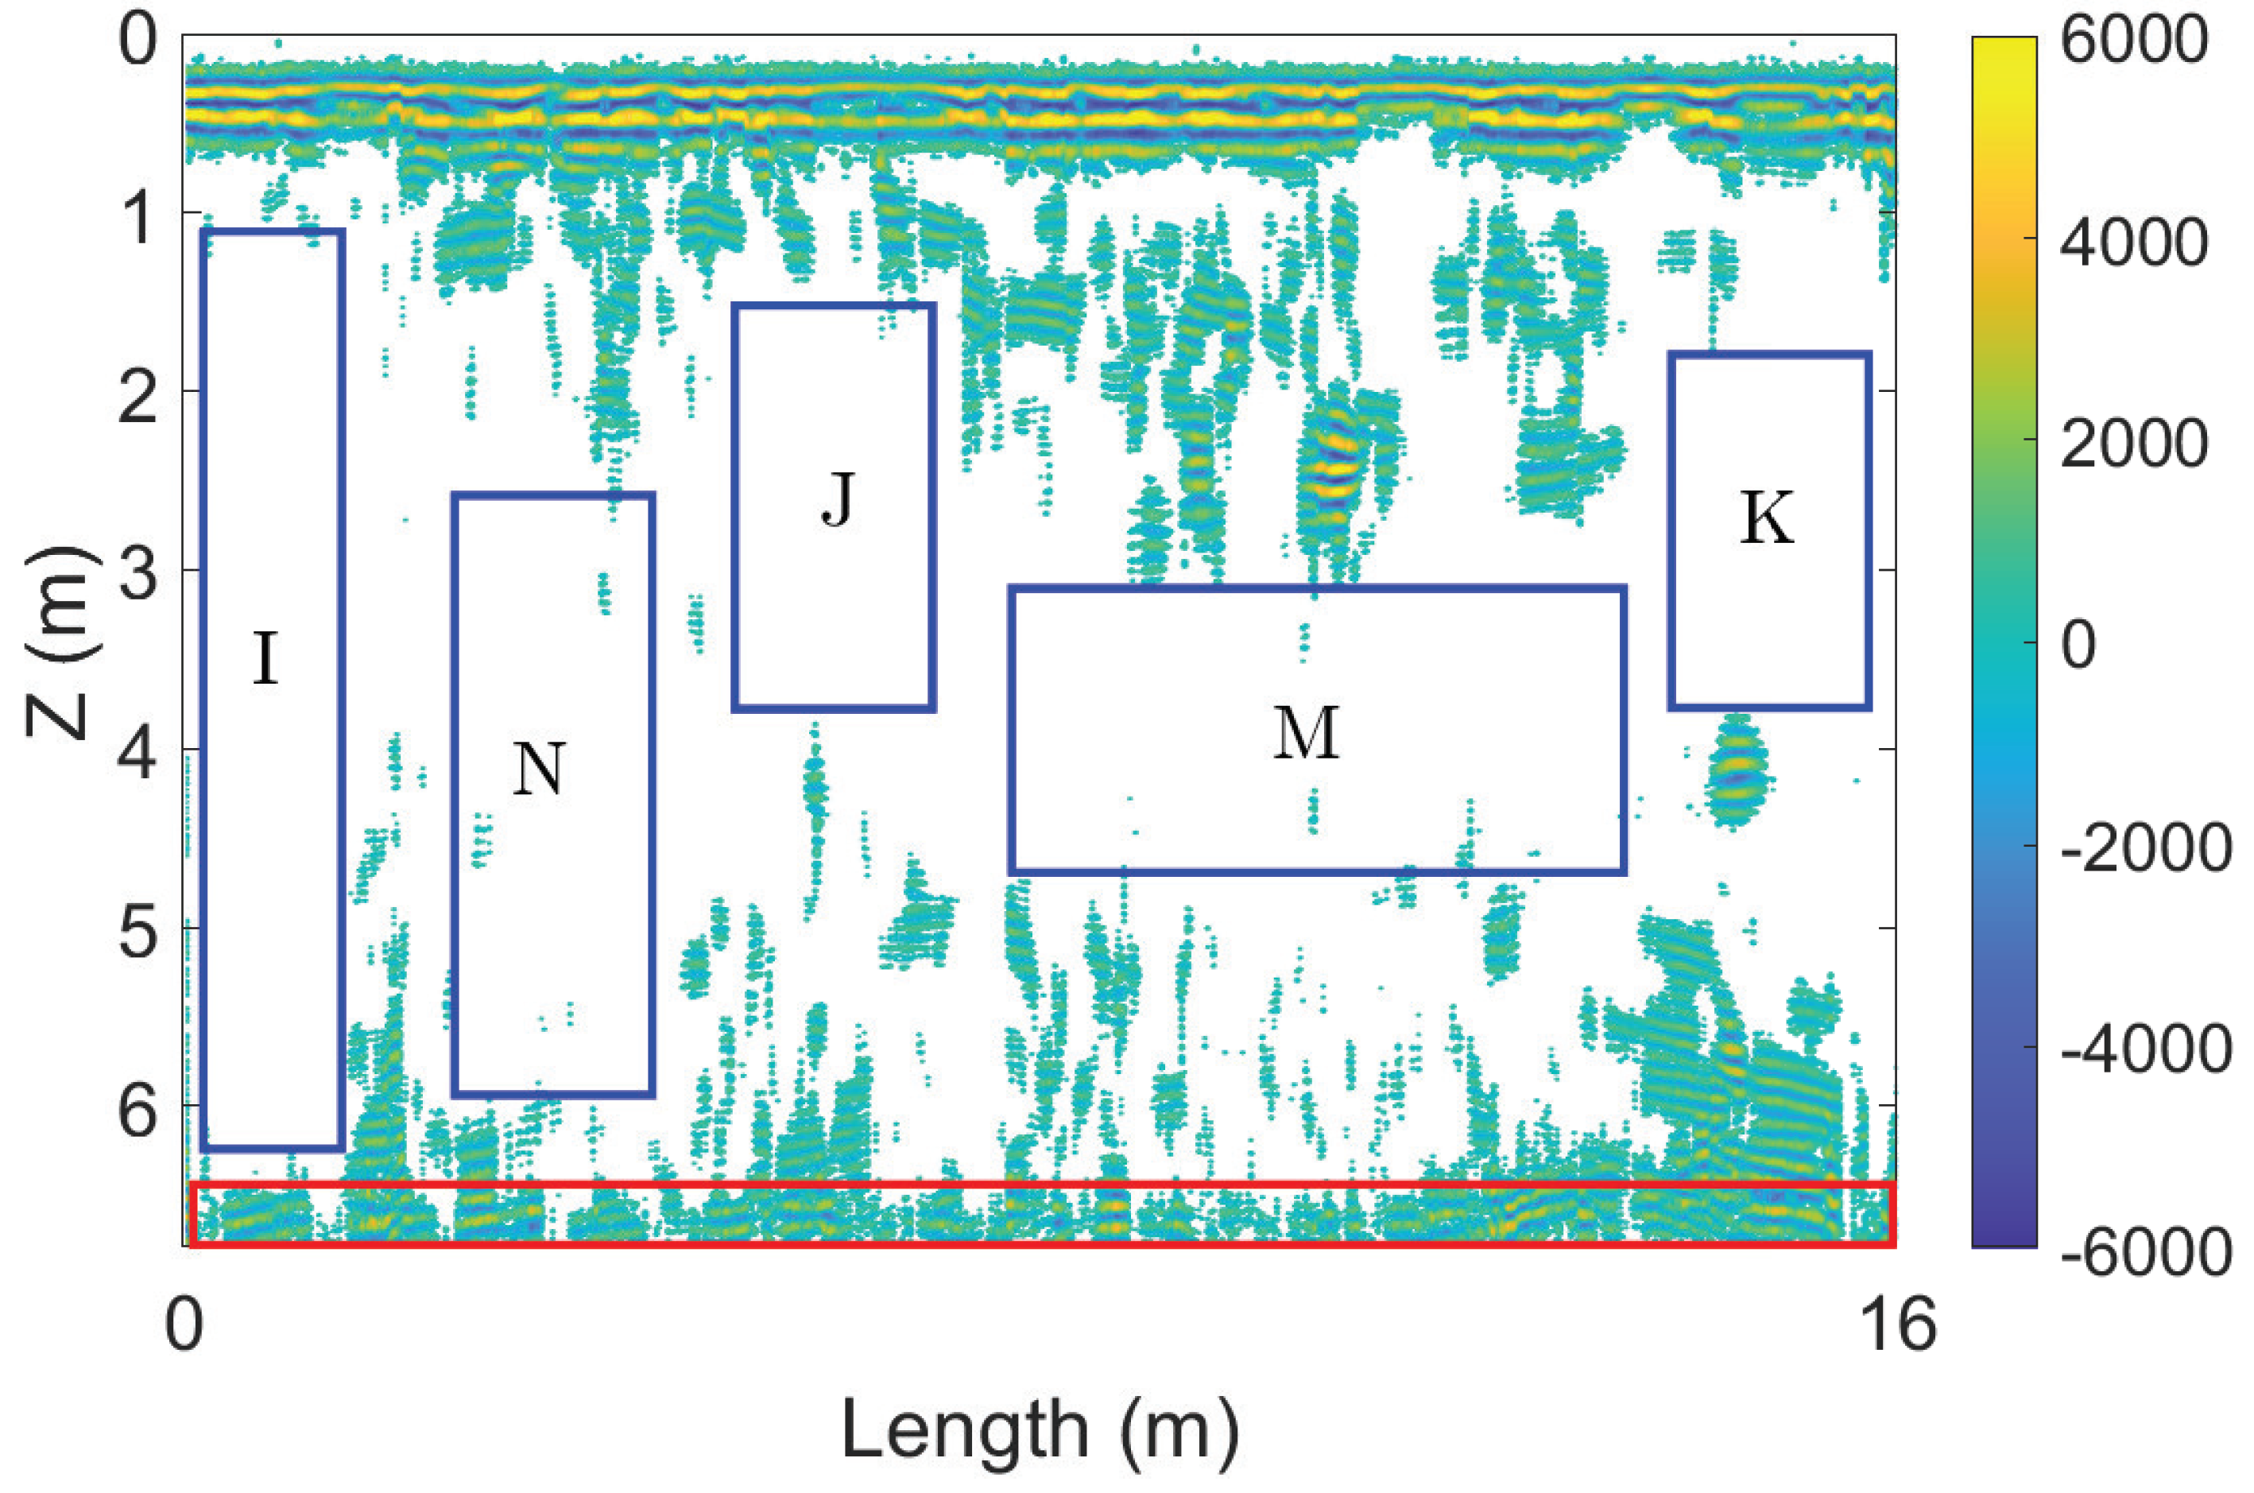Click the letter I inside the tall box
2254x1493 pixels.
point(265,658)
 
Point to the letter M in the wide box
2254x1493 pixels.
point(1307,733)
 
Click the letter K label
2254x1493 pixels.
point(1767,519)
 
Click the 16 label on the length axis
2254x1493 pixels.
point(1897,1324)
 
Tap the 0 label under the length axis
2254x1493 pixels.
point(184,1324)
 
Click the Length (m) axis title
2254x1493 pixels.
point(1040,1430)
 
